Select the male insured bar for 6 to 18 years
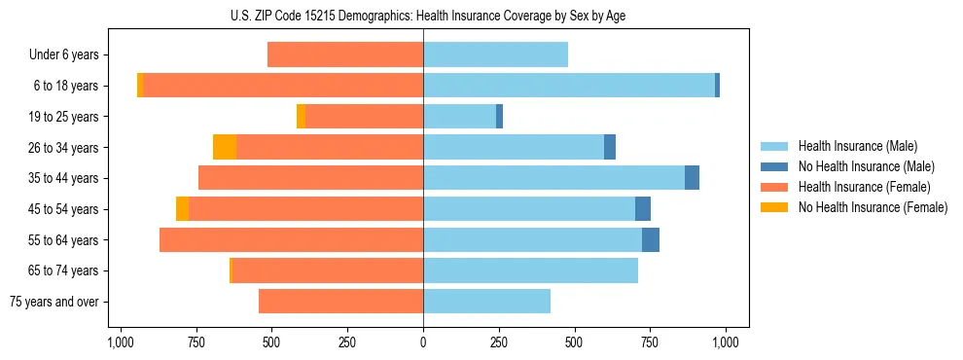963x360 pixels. pyautogui.click(x=569, y=86)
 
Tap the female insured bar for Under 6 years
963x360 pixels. pyautogui.click(x=345, y=54)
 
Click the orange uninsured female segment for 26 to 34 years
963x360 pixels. pyautogui.click(x=225, y=147)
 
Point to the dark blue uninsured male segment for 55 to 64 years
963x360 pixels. pyautogui.click(x=651, y=239)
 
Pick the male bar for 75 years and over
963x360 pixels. pyautogui.click(x=486, y=302)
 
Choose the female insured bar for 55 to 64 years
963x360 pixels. pyautogui.click(x=292, y=239)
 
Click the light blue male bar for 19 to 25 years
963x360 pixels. pyautogui.click(x=459, y=117)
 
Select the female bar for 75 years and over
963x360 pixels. pyautogui.click(x=340, y=302)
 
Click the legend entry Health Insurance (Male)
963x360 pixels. pyautogui.click(x=857, y=146)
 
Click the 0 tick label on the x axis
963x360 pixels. pyautogui.click(x=423, y=342)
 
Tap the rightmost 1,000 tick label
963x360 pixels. pyautogui.click(x=726, y=342)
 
